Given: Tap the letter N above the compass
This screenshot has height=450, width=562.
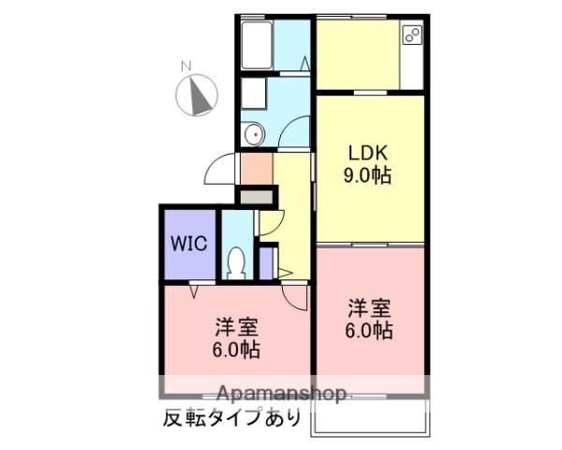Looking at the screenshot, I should pyautogui.click(x=185, y=66).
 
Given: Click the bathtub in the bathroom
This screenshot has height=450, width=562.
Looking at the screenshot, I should pyautogui.click(x=257, y=43).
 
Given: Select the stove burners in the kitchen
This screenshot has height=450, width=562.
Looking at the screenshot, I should pyautogui.click(x=412, y=36).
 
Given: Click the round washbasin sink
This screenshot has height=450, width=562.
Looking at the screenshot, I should pyautogui.click(x=253, y=136).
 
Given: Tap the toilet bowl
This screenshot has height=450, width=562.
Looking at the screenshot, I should pyautogui.click(x=237, y=260).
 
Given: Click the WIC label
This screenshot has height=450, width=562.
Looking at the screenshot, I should pyautogui.click(x=188, y=242).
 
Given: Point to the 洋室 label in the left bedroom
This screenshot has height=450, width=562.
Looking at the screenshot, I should pyautogui.click(x=236, y=327).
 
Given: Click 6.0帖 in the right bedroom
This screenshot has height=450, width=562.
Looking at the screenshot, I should pyautogui.click(x=369, y=330).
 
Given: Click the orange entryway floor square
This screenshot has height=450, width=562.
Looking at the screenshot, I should pyautogui.click(x=254, y=169).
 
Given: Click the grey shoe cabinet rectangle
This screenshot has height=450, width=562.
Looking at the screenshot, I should pyautogui.click(x=258, y=198).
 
